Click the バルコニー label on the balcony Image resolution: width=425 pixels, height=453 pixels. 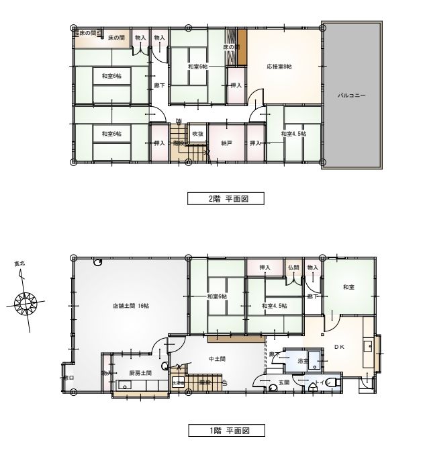tap(351, 96)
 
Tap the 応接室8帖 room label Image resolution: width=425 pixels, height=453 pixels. tap(279, 67)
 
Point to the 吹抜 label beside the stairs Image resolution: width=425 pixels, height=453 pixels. tap(197, 134)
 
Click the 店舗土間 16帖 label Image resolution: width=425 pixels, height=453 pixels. tap(130, 306)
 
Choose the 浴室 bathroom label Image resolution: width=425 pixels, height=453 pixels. tap(303, 361)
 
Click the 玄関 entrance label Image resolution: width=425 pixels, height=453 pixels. tap(284, 382)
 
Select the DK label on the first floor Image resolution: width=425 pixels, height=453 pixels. tap(338, 347)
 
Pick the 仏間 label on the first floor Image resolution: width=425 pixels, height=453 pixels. tap(293, 268)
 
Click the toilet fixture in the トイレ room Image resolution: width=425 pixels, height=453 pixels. tap(335, 382)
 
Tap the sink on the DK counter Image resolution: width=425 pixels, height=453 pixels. tap(368, 346)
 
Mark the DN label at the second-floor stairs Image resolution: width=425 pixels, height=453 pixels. tap(179, 121)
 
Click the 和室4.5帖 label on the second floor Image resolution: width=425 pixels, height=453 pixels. tap(293, 134)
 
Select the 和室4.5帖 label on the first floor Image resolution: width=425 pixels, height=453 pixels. tap(274, 306)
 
